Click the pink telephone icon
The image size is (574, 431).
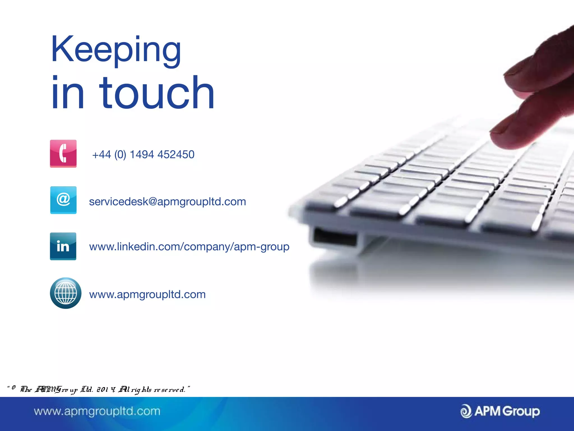click(63, 153)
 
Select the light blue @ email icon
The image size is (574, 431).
click(63, 200)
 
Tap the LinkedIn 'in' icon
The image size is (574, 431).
click(63, 246)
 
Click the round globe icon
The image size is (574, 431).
click(66, 293)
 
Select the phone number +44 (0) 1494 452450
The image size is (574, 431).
click(143, 155)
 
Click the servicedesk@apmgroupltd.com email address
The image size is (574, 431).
click(167, 202)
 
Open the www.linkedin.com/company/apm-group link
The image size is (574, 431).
click(189, 247)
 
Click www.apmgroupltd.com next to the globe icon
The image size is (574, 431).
click(147, 294)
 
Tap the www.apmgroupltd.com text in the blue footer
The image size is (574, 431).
click(97, 411)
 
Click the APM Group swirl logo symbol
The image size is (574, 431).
click(466, 411)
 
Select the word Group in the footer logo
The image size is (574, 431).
click(521, 411)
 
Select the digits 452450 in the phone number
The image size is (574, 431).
click(176, 155)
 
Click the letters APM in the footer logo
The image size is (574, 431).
click(487, 411)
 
